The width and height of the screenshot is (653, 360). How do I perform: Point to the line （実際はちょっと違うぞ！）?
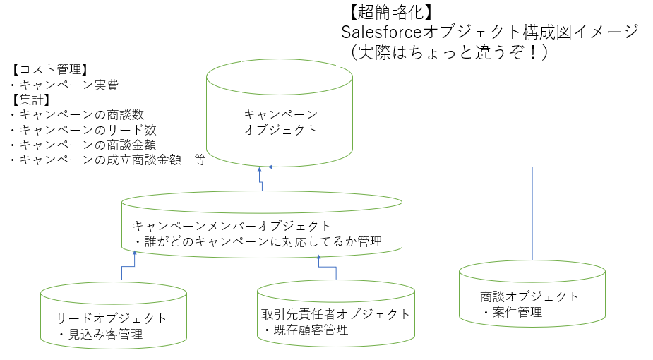(444, 52)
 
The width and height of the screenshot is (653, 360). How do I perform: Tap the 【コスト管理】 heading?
(49, 70)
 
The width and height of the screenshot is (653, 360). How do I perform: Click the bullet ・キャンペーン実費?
(64, 85)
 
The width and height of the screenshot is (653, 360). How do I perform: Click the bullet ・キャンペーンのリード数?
(83, 130)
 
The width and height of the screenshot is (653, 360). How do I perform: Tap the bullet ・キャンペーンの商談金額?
(83, 145)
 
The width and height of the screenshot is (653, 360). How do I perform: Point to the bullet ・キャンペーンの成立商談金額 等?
(108, 160)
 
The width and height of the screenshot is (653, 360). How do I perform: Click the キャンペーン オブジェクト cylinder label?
(280, 122)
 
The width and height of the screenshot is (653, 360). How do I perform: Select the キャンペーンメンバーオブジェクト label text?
(232, 226)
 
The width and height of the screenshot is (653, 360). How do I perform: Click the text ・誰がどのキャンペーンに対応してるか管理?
(258, 241)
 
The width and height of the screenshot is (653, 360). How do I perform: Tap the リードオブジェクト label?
(112, 318)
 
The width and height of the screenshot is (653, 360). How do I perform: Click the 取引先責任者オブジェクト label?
(335, 314)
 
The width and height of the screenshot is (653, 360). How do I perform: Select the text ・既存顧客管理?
(306, 330)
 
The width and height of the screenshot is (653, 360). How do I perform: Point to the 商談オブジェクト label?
(529, 296)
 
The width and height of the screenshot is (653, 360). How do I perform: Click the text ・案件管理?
(512, 312)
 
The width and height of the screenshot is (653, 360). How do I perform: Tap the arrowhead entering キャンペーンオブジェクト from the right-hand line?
(271, 167)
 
